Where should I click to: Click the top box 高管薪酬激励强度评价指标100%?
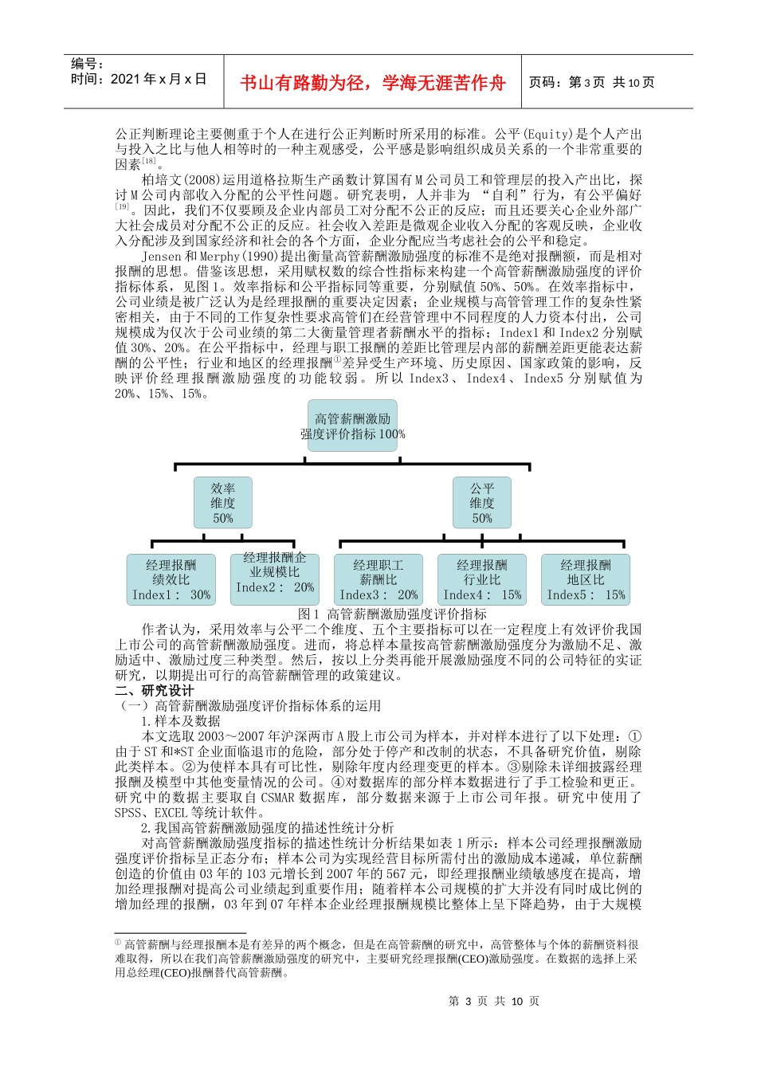click(352, 426)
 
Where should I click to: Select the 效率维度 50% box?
click(223, 503)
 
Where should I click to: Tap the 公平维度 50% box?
click(481, 503)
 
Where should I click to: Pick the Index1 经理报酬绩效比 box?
click(171, 579)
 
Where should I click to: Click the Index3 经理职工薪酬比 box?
click(378, 579)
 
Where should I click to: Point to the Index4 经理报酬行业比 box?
click(482, 579)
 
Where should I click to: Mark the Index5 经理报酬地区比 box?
click(586, 579)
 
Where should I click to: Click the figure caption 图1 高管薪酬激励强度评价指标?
click(391, 614)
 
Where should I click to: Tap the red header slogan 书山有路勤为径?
click(373, 83)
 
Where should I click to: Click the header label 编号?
click(87, 64)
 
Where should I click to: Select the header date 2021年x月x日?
click(139, 79)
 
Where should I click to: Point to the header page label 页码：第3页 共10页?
click(591, 83)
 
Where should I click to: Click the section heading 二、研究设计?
click(155, 690)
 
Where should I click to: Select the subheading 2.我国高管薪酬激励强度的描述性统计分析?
click(268, 827)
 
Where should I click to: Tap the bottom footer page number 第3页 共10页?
click(494, 1001)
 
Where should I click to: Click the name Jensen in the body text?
click(162, 257)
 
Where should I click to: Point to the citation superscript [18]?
click(149, 162)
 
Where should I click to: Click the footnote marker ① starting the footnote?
click(118, 943)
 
